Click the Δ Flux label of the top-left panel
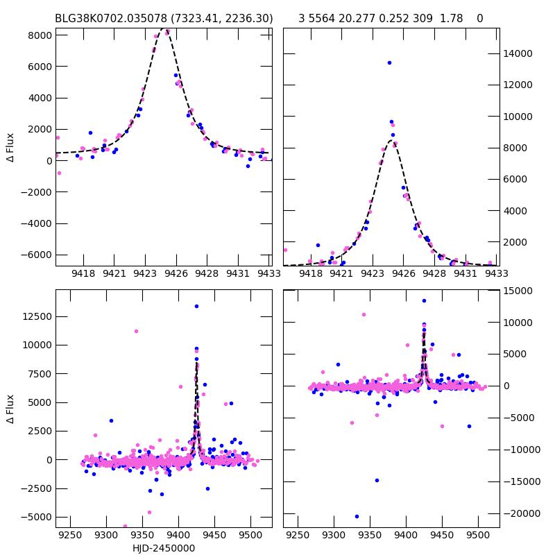click(x=10, y=148)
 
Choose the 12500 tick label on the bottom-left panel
click(x=35, y=316)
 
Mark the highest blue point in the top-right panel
click(x=389, y=62)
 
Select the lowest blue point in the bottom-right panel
click(x=357, y=516)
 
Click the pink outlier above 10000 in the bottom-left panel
click(x=136, y=331)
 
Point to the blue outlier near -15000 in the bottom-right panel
click(x=377, y=480)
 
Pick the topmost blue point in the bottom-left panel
click(x=196, y=306)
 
